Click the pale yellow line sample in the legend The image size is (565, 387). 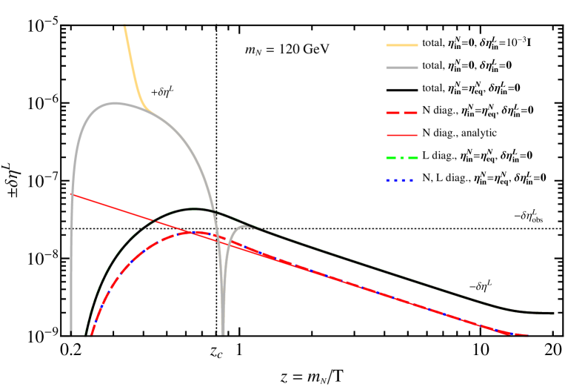402,45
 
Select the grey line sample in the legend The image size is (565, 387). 402,67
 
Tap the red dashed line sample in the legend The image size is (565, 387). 402,113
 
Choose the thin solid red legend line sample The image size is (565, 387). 402,135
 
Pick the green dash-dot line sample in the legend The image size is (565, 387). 402,158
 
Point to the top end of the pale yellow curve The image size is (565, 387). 124,26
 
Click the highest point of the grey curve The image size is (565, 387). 114,103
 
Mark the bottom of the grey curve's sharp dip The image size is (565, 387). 223,334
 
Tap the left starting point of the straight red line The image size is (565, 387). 71,194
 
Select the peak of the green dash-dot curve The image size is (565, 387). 195,209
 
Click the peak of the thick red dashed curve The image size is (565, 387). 191,232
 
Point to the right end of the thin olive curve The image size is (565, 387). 552,313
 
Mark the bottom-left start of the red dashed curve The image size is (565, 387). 92,334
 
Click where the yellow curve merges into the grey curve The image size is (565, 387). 151,110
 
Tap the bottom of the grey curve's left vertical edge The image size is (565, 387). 71,334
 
